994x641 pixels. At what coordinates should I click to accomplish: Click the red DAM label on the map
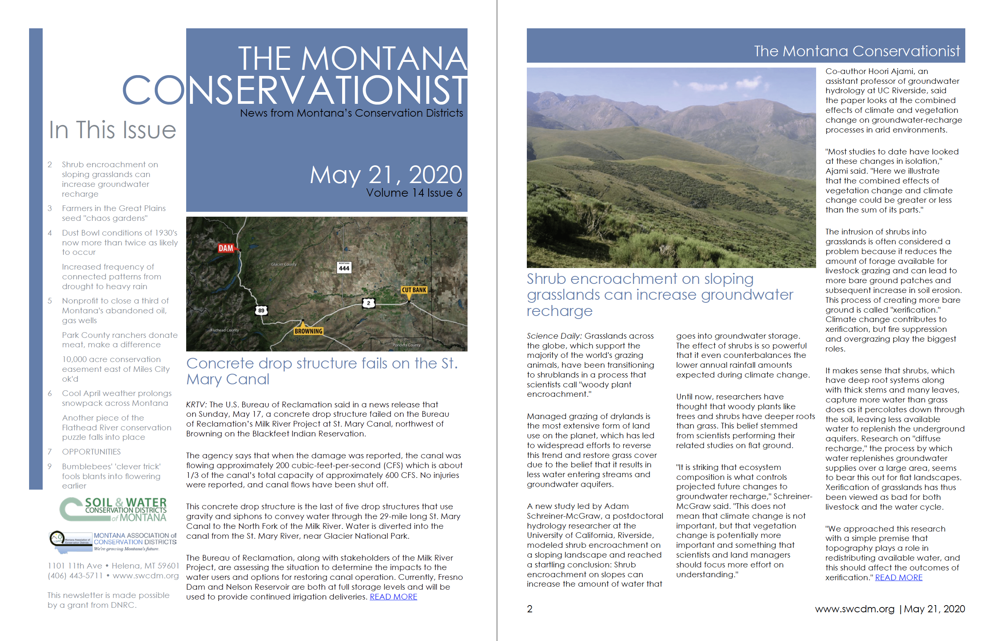point(226,248)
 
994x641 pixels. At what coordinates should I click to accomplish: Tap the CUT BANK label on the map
point(414,290)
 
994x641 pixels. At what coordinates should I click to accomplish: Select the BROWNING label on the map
point(308,331)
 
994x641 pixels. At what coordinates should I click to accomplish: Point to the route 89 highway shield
point(261,310)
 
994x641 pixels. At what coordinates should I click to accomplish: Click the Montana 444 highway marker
point(344,268)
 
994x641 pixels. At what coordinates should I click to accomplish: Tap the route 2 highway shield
point(368,303)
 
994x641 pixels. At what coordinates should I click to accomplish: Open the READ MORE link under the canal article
point(393,597)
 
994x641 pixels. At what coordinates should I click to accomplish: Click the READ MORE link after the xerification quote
point(898,578)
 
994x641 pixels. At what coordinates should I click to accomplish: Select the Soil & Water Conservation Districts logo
point(113,509)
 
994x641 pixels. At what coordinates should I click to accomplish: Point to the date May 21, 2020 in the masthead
point(386,175)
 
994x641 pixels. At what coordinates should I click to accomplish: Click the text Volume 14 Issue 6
point(414,193)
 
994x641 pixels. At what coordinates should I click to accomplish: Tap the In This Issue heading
point(113,130)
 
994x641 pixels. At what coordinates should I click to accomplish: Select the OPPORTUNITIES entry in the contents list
point(91,452)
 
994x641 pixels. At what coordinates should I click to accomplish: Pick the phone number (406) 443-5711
point(75,576)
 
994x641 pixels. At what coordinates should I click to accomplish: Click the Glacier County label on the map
point(284,264)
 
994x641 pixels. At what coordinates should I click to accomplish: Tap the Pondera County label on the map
point(406,345)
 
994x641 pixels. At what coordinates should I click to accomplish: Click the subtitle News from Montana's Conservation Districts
point(351,113)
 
